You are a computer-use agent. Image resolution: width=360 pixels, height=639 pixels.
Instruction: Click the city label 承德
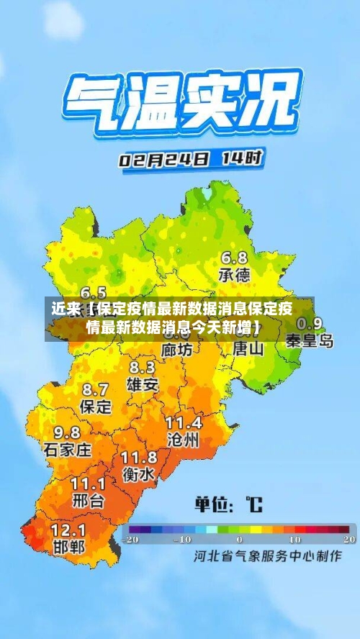tap(234, 274)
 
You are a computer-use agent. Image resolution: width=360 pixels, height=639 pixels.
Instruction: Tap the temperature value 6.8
tap(234, 258)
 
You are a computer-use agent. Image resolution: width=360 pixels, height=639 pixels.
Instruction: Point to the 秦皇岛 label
tap(310, 340)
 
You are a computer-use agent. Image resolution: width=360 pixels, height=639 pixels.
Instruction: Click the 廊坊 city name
tap(176, 350)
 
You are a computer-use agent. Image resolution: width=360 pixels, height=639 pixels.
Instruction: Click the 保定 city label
tap(96, 407)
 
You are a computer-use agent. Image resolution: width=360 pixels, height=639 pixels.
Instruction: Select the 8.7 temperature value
tap(96, 390)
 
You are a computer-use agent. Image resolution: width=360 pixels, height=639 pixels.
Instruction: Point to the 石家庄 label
tap(68, 450)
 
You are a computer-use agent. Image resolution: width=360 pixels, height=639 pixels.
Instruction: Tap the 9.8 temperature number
tap(68, 433)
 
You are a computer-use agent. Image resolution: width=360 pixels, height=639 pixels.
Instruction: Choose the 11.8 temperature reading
tap(139, 458)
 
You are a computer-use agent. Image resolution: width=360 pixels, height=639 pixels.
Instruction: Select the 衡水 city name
tap(138, 475)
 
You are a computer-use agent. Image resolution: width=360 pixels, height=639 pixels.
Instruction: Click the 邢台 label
tap(89, 500)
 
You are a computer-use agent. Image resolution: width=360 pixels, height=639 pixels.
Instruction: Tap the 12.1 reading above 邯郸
tap(69, 530)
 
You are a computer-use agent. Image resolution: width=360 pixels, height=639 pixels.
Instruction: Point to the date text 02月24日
tap(165, 159)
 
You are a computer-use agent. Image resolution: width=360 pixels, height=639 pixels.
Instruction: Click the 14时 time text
tap(241, 157)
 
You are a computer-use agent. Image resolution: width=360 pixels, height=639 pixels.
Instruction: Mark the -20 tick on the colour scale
tap(130, 539)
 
